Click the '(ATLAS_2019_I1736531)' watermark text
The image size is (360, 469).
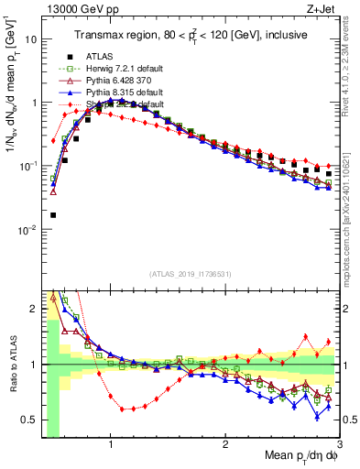pyautogui.click(x=189, y=274)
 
